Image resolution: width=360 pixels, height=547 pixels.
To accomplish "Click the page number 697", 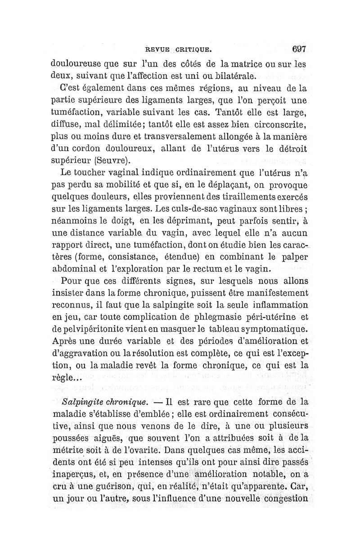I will pos(299,49).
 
